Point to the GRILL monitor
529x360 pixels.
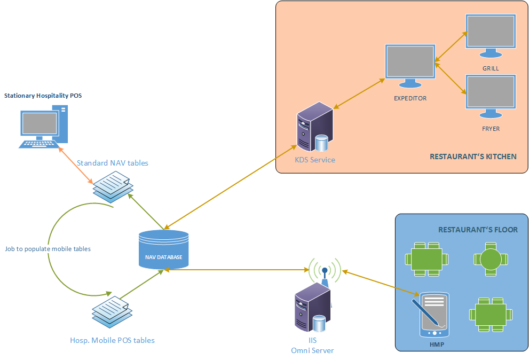tap(490, 35)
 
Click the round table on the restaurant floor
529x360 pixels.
tap(489, 259)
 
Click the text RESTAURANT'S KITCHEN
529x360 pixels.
tap(473, 156)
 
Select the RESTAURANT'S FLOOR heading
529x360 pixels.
tap(478, 230)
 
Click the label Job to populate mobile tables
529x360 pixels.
tap(48, 249)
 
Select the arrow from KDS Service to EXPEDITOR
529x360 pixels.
tap(359, 94)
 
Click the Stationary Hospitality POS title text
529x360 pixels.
tap(43, 96)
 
